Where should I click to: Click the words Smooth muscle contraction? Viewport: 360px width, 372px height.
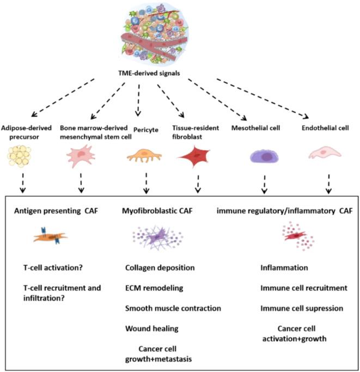[x=173, y=308]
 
